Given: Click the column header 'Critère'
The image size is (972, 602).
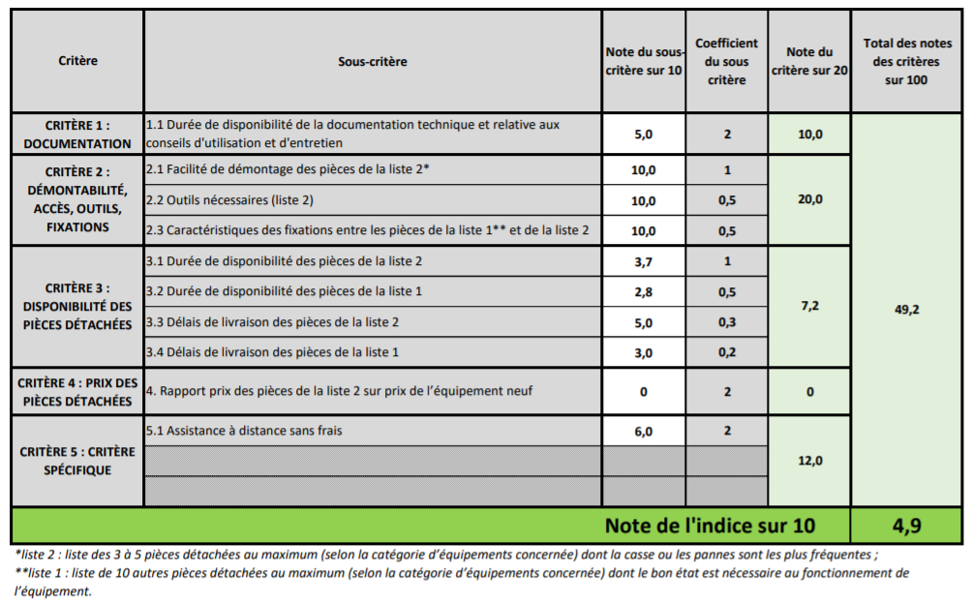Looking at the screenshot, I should click(x=77, y=61).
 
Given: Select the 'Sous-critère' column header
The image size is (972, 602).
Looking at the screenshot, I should click(x=373, y=61).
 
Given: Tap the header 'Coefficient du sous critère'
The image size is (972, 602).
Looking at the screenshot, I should click(x=726, y=61).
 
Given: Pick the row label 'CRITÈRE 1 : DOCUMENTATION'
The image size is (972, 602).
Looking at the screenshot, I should click(x=77, y=135).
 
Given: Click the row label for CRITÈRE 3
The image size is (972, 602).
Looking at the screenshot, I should click(x=77, y=306).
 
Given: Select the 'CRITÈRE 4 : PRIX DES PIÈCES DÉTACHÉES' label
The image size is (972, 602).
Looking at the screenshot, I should click(x=77, y=391).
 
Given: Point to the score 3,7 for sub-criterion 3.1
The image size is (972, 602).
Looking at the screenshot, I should click(x=644, y=261).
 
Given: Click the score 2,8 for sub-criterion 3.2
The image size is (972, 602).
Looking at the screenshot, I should click(x=644, y=291).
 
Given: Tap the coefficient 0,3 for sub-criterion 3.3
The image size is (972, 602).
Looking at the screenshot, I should click(x=726, y=322).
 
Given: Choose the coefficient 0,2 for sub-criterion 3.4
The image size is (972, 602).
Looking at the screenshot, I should click(x=726, y=352).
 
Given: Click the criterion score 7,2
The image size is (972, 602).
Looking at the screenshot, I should click(x=809, y=306).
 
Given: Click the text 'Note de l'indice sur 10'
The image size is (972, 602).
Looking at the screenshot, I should click(x=710, y=526).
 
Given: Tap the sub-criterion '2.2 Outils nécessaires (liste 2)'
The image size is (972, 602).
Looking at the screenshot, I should click(x=229, y=200).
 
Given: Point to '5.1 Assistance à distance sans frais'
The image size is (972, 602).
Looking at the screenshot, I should click(x=243, y=431).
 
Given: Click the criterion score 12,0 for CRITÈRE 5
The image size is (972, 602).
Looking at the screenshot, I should click(x=809, y=461).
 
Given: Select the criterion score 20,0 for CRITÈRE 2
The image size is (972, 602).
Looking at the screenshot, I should click(x=809, y=199).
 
